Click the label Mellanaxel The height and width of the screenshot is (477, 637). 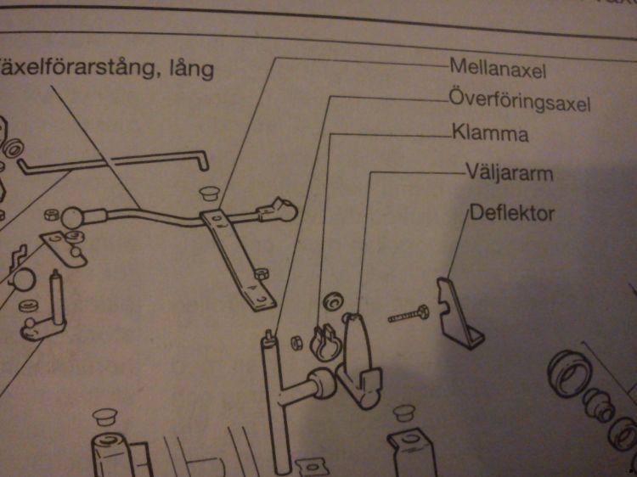point(497,65)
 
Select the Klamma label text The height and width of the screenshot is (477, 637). point(490,134)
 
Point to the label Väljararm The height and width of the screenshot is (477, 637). point(509,174)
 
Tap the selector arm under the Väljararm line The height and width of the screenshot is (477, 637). point(358,361)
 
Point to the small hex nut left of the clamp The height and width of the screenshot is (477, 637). point(297,343)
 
